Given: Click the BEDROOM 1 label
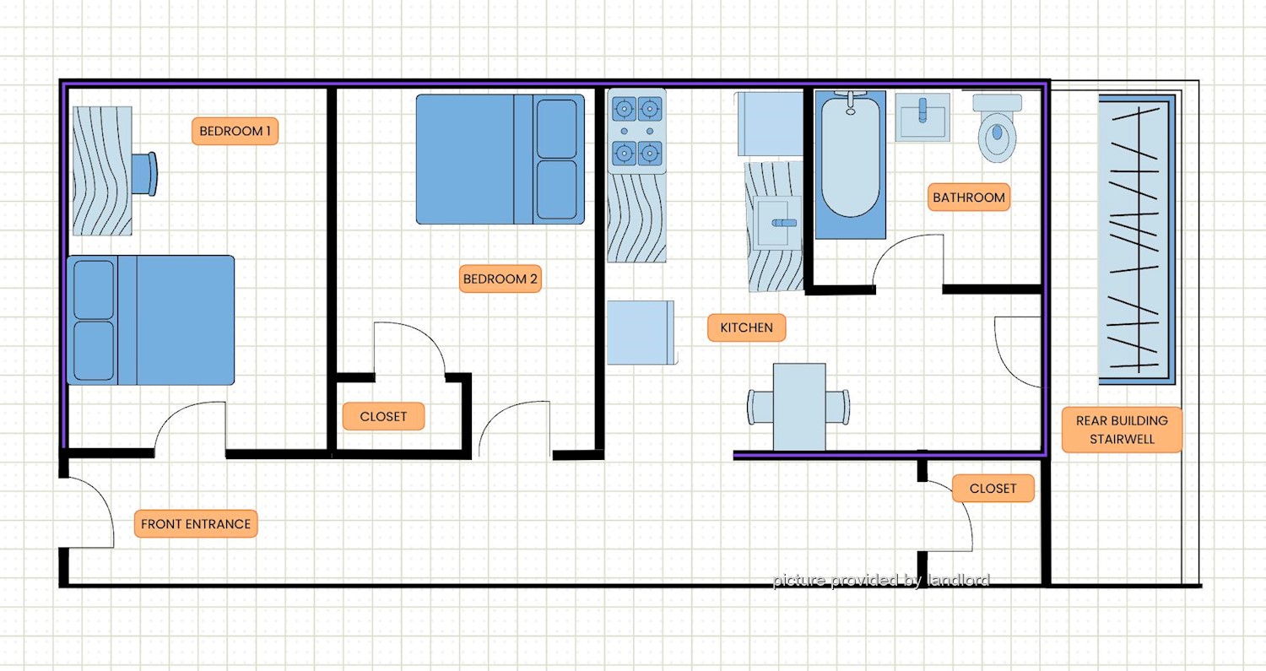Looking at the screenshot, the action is pyautogui.click(x=235, y=131).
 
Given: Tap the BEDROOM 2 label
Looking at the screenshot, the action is pyautogui.click(x=500, y=279).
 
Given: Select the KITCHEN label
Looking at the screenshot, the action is pyautogui.click(x=747, y=327).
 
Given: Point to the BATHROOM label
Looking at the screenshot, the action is pyautogui.click(x=969, y=198).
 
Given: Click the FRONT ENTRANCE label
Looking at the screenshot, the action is pyautogui.click(x=196, y=524).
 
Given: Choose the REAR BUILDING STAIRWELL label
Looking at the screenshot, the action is pyautogui.click(x=1122, y=430).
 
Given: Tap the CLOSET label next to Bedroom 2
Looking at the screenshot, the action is pyautogui.click(x=383, y=417).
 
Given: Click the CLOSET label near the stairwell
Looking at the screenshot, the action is pyautogui.click(x=993, y=489).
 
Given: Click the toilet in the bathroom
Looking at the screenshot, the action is pyautogui.click(x=998, y=128).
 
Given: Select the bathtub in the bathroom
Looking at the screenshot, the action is pyautogui.click(x=850, y=164).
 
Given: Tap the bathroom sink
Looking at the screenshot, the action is pyautogui.click(x=922, y=117).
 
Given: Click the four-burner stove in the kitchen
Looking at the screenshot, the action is pyautogui.click(x=637, y=131).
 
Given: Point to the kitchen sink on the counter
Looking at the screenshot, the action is pyautogui.click(x=777, y=223).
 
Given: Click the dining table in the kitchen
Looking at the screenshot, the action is pyautogui.click(x=799, y=407).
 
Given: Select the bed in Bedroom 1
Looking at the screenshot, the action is pyautogui.click(x=150, y=321).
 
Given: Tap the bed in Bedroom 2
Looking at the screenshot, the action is pyautogui.click(x=500, y=160).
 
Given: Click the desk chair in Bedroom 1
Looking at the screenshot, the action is pyautogui.click(x=144, y=174).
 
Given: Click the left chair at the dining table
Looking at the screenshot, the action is pyautogui.click(x=760, y=407).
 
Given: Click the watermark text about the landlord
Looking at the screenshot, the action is pyautogui.click(x=881, y=580).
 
